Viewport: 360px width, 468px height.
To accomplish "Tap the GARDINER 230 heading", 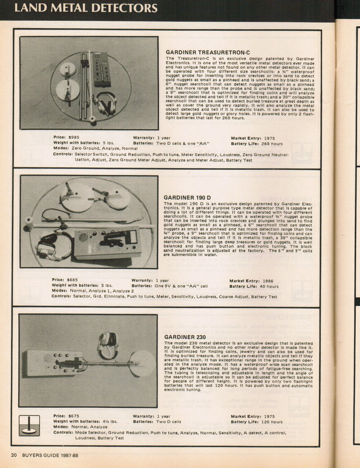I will coord(186,337).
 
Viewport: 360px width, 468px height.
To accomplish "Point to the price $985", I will coord(78,136).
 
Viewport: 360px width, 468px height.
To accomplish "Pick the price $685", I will coord(78,280).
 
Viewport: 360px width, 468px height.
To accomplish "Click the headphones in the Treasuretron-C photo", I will coord(106,103).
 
